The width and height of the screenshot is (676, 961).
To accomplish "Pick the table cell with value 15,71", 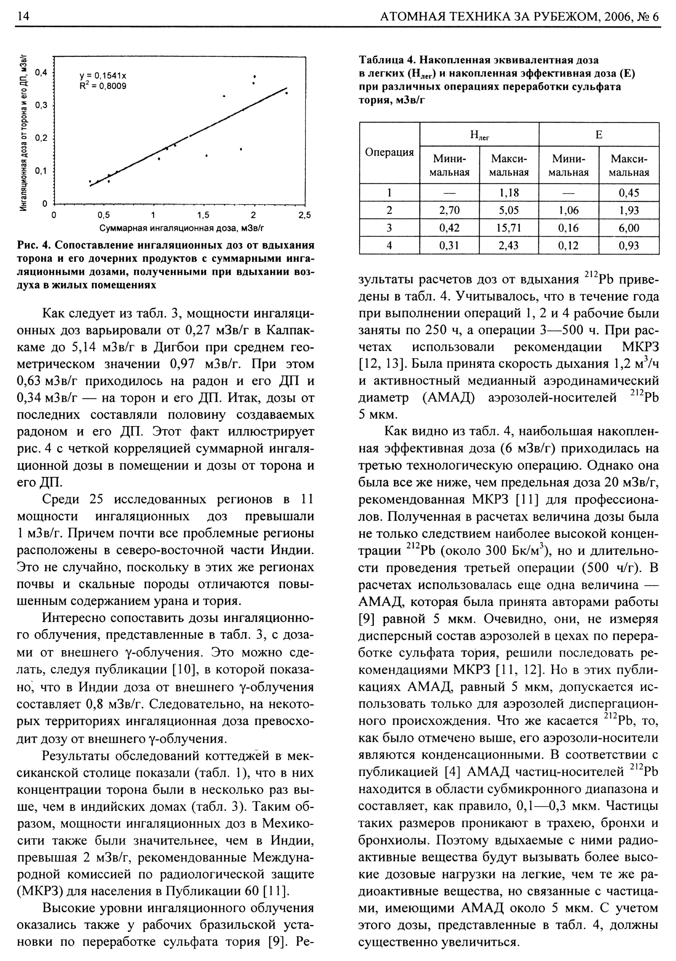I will coord(509,228).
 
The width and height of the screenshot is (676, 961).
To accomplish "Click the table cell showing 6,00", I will coord(629,228).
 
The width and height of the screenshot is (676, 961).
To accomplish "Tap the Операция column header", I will coord(389,152).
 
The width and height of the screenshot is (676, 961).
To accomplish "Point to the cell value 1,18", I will coord(509,193).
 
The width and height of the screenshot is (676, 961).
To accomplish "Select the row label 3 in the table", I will coord(389,228).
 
